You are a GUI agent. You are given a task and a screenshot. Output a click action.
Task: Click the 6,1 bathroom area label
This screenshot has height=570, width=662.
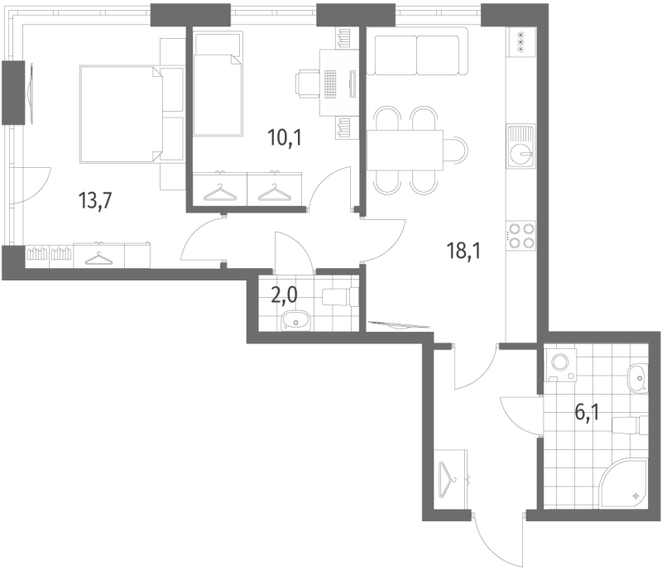[x=587, y=411]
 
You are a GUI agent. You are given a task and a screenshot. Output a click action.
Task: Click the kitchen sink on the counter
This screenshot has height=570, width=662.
[x=522, y=151]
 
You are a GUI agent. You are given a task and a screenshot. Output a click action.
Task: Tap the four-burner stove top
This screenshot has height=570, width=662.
[x=522, y=236]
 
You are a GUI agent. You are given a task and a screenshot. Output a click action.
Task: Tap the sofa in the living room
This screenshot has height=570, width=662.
[x=417, y=54]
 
